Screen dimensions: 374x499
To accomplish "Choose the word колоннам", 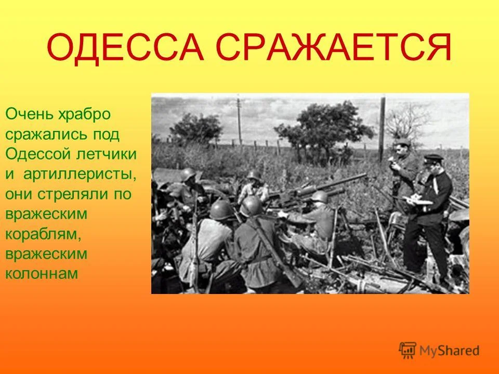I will [42, 274].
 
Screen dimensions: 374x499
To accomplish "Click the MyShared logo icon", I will [408, 350].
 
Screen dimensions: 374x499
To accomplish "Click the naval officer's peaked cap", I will [433, 158].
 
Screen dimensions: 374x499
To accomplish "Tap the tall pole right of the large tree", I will [383, 127].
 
